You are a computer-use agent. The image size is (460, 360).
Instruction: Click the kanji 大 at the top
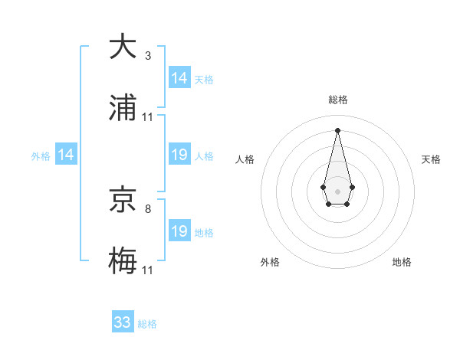click(x=123, y=47)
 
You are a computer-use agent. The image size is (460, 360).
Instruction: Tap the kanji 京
click(x=123, y=198)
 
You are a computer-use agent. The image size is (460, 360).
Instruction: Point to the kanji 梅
click(x=123, y=260)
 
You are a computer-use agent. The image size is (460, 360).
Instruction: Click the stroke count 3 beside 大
click(x=148, y=56)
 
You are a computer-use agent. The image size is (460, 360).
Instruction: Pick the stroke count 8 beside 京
click(x=148, y=208)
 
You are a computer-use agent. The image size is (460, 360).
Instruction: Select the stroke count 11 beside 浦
click(x=148, y=117)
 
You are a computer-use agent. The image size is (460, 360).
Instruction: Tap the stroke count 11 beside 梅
click(x=148, y=270)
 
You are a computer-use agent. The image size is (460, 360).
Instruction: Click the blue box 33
click(x=123, y=322)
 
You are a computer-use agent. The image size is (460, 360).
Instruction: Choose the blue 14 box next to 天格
click(x=179, y=78)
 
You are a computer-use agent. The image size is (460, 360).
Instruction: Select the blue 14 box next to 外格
click(x=66, y=155)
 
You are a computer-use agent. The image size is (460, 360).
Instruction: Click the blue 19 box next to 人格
click(x=179, y=155)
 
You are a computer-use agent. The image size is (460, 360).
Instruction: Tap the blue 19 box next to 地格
click(x=179, y=231)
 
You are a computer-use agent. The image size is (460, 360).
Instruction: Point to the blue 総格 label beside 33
click(x=147, y=324)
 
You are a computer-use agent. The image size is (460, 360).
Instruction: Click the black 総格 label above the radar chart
click(x=337, y=100)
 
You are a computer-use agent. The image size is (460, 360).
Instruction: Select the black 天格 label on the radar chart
click(x=432, y=159)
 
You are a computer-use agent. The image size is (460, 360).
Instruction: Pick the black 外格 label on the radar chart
click(x=270, y=262)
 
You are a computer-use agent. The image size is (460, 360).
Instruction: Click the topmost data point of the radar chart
click(x=337, y=129)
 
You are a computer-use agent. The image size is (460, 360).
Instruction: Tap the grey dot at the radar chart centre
click(x=337, y=190)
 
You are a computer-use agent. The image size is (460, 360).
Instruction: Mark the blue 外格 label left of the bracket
click(x=41, y=155)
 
